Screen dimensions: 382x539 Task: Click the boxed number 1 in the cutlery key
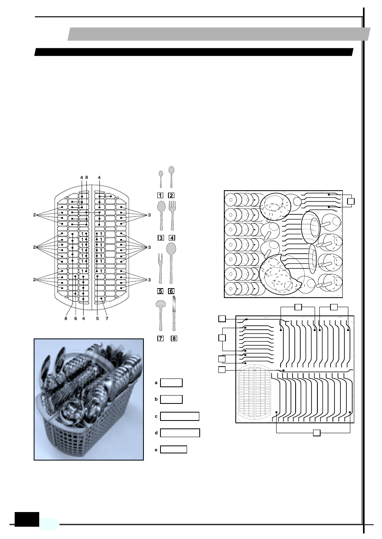point(160,195)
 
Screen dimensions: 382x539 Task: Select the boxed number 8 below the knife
point(174,338)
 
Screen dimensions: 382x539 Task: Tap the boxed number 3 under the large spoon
point(160,238)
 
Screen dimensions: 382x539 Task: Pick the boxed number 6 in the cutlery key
point(171,291)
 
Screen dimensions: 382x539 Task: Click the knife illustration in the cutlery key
point(174,313)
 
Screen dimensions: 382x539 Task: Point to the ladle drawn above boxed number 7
point(160,315)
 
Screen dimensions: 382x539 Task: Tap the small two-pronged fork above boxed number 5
point(160,268)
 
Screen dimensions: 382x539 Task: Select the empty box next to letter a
point(171,383)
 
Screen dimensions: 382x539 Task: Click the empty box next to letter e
point(174,449)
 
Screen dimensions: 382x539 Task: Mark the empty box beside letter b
point(171,399)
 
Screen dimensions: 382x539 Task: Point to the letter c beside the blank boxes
point(156,417)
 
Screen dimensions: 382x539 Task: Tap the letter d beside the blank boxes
point(156,433)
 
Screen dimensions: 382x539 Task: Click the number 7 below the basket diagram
point(107,318)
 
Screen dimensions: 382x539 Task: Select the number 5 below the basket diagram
point(97,318)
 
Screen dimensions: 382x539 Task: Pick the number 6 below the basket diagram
point(76,318)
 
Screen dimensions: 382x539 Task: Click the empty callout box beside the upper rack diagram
point(350,201)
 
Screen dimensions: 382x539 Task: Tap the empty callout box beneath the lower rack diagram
point(316,432)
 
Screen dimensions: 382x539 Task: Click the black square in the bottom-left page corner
point(27,519)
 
